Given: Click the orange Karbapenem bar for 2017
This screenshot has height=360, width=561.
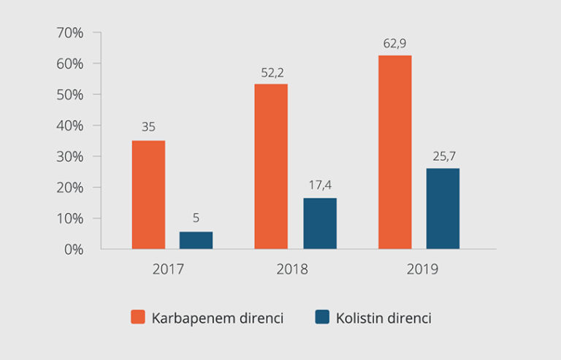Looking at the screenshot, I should tap(148, 194).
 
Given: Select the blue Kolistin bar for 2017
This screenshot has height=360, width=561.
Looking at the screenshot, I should tap(196, 240).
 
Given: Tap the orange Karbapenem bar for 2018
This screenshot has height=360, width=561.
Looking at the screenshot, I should tap(271, 166).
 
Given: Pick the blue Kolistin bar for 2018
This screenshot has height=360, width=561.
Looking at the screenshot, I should tap(320, 223).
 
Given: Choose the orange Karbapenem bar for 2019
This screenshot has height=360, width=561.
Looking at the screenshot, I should tap(394, 152).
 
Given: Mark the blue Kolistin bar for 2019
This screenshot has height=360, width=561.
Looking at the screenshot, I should tap(443, 209).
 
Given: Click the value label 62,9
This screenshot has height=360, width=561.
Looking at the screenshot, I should tap(394, 43).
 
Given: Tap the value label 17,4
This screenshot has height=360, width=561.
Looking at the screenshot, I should tap(320, 185).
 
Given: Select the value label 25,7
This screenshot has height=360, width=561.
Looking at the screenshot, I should tap(443, 156).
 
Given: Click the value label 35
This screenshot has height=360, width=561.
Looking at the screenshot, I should tap(148, 127).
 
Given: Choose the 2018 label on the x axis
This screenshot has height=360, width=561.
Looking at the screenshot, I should tap(292, 269).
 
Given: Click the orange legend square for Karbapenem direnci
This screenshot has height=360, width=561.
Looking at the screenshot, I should tap(138, 317).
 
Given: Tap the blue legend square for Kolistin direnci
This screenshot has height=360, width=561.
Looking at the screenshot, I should tap(322, 317).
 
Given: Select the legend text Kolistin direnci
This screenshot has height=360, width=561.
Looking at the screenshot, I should tap(384, 318).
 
